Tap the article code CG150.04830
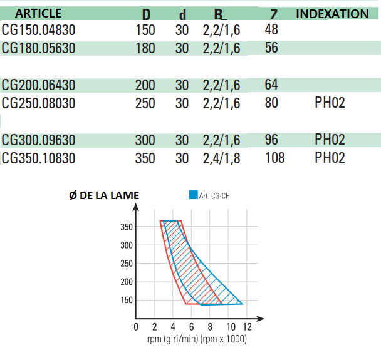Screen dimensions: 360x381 pos(38,29)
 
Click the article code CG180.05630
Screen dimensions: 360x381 pos(38,48)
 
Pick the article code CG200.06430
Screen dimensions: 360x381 pos(38,85)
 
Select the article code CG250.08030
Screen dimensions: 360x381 pos(38,103)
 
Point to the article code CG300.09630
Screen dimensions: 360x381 pos(38,140)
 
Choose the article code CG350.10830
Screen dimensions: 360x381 pos(38,158)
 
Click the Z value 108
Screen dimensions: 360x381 pos(275,158)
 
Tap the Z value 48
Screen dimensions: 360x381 pos(272,29)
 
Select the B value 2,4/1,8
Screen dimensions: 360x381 pos(221,158)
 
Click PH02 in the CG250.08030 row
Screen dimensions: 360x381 pos(330,103)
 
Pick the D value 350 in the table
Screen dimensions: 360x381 pos(145,158)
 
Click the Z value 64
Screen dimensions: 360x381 pos(272,85)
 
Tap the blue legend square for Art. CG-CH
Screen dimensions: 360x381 pos(193,195)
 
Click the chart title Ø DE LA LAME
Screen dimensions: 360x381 pos(104,195)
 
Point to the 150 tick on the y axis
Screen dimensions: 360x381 pos(127,301)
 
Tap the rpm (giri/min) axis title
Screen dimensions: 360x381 pos(197,339)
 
